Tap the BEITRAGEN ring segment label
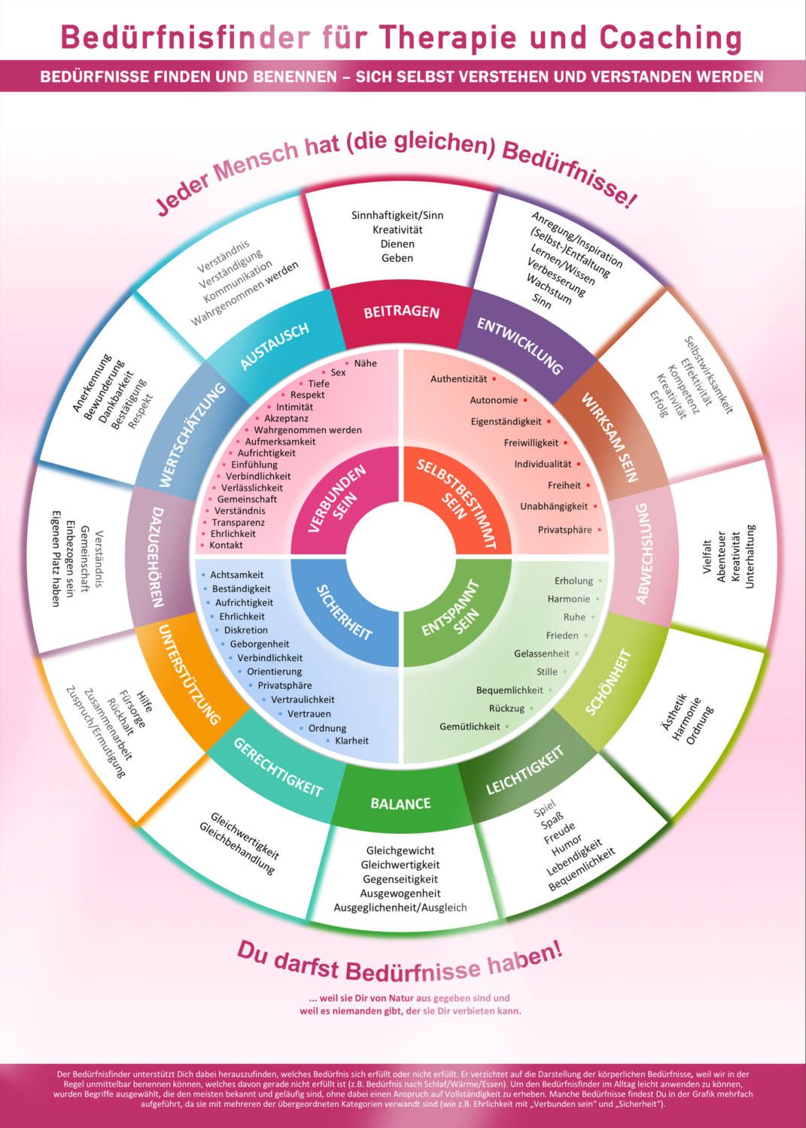coord(402,312)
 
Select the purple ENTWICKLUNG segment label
coord(520,346)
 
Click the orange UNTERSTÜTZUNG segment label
coord(189,675)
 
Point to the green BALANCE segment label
coord(400,803)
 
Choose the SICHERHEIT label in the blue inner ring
coord(344,613)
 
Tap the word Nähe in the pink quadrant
coord(366,363)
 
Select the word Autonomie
coord(494,400)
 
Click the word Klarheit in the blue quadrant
coord(352,741)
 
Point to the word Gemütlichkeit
coord(470,726)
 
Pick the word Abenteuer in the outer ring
coord(721,556)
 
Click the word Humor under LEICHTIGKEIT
coord(567,844)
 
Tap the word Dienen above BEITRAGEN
coord(397,244)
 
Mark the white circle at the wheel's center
coord(402,554)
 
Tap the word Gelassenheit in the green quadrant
coord(541,653)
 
